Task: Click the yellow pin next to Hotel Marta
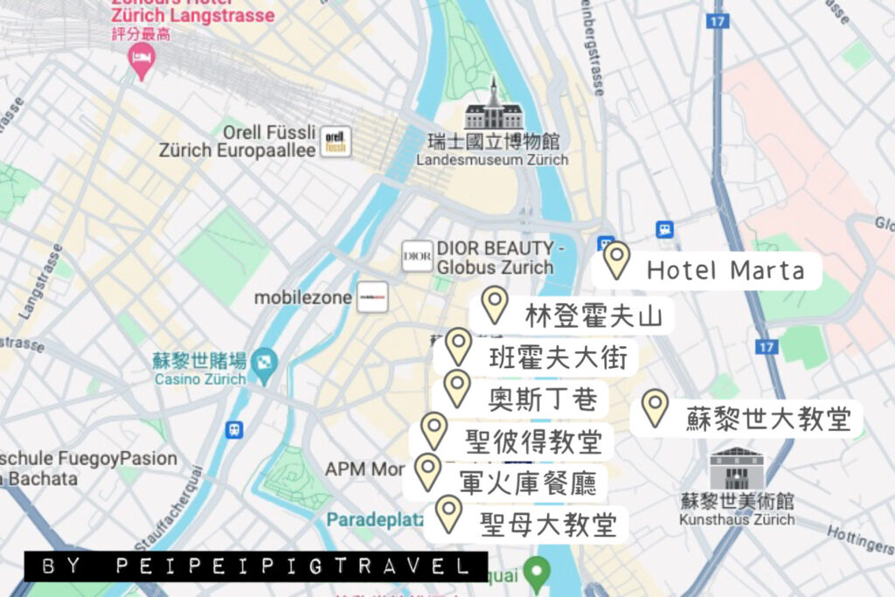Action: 617,260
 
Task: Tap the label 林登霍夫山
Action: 593,316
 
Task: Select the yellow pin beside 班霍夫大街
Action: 458,346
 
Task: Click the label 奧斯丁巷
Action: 544,400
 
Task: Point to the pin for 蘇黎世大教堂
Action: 655,407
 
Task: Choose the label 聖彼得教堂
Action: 536,441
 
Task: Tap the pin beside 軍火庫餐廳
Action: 427,471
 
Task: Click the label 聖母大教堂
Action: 548,524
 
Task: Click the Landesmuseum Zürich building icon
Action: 494,108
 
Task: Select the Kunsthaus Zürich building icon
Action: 736,469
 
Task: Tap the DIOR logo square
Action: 417,255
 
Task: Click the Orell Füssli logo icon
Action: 336,141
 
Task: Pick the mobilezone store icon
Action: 372,297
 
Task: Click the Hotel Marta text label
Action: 725,271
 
